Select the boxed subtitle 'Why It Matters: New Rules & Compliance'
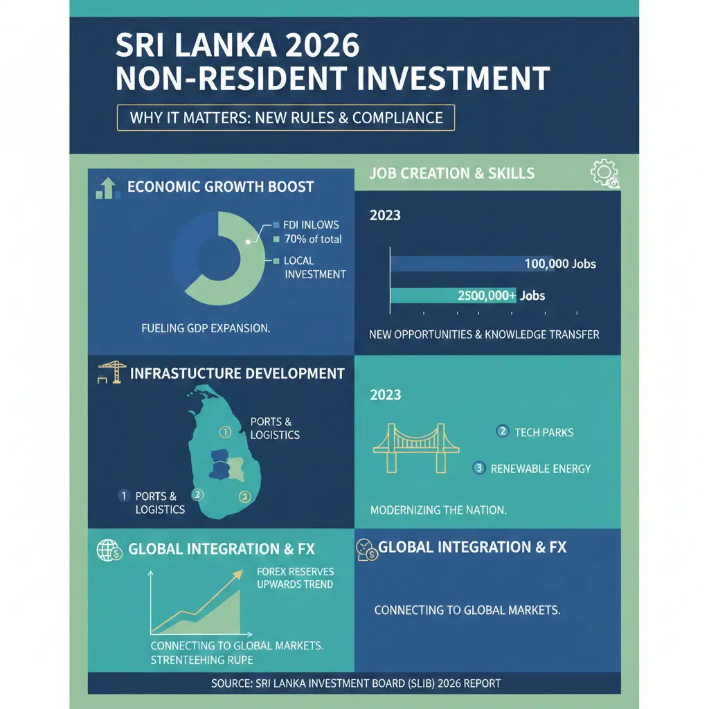click(x=286, y=117)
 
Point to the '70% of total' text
click(x=313, y=240)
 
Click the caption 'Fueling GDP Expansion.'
click(x=205, y=328)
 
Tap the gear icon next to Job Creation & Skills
click(x=602, y=173)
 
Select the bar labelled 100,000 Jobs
click(x=457, y=264)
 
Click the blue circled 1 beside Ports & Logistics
click(x=124, y=496)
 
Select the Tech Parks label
click(x=544, y=432)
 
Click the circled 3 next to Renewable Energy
click(x=478, y=468)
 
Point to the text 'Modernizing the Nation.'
click(x=438, y=510)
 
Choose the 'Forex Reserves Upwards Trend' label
click(x=295, y=578)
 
